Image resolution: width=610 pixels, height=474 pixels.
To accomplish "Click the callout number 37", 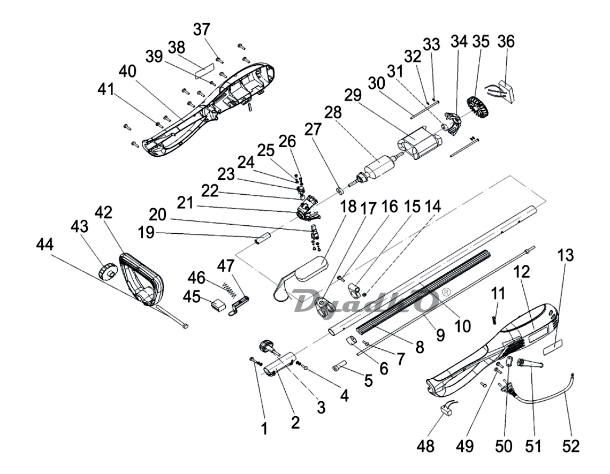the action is coord(202,29).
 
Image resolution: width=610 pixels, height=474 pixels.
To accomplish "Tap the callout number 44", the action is coord(45,245).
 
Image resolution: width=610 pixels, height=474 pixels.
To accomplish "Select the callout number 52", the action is coord(570,446).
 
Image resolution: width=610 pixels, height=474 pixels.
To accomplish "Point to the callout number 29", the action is coord(352,95).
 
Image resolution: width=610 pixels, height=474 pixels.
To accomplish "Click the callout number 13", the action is coord(566,256).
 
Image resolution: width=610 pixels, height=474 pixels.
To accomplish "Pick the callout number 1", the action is coord(264,429).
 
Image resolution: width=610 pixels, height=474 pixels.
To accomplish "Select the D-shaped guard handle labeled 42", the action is coord(142,278).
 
